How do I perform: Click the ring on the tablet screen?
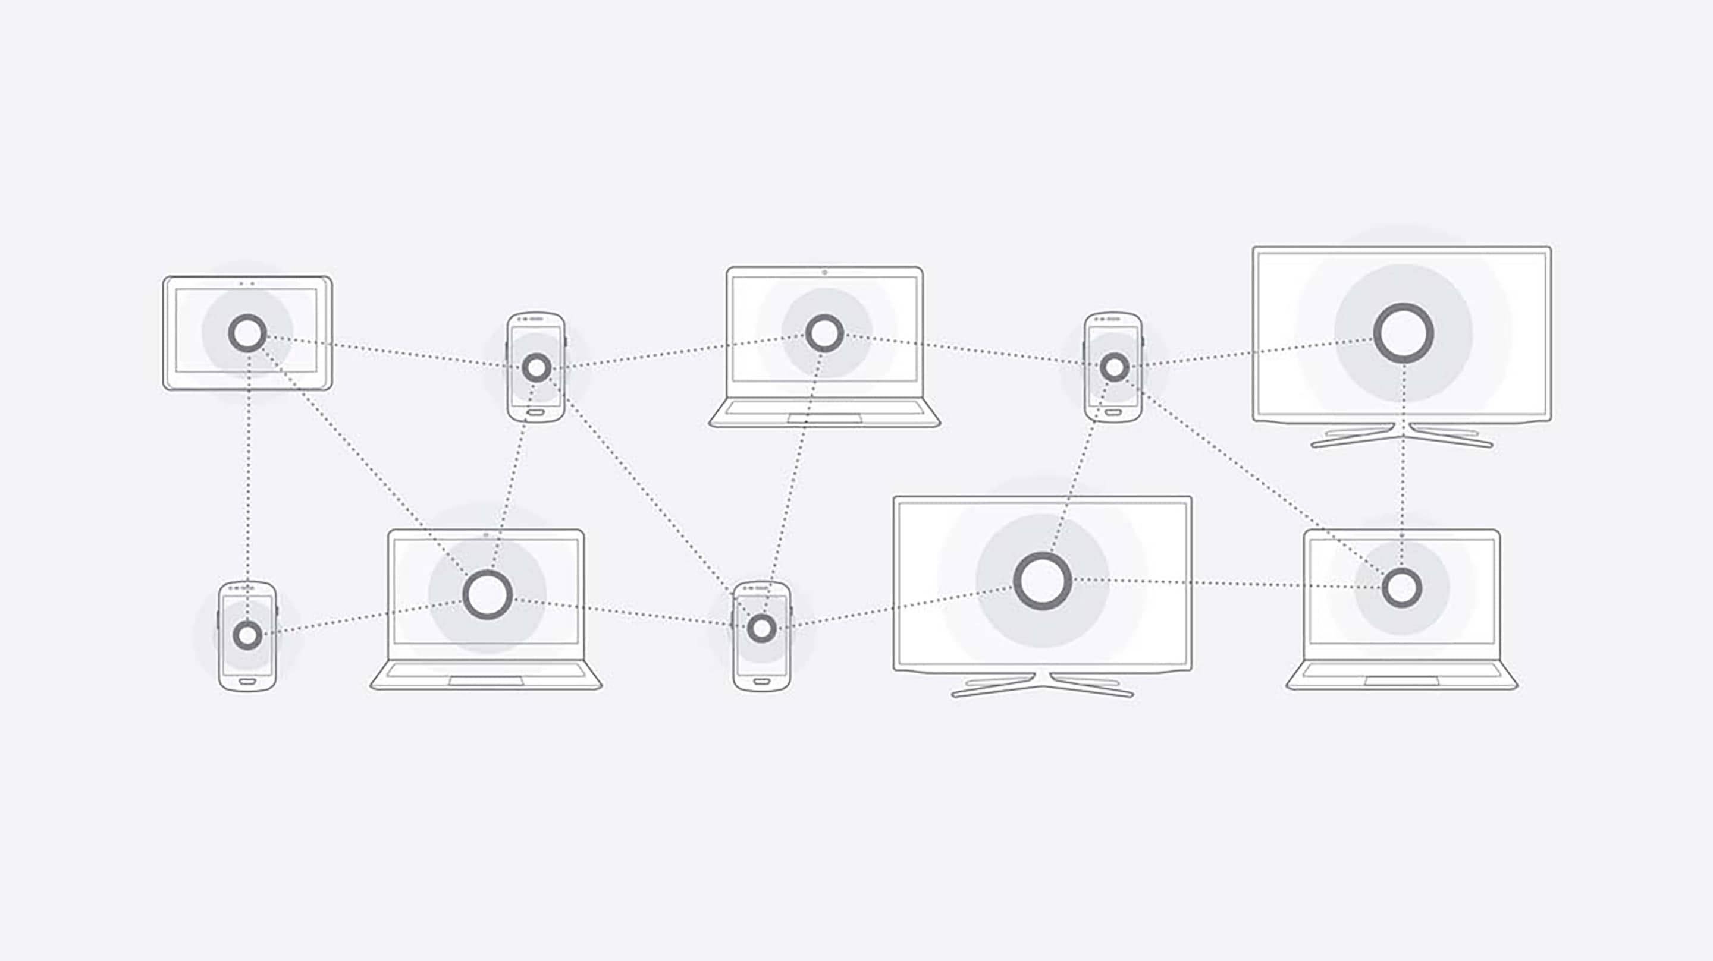[x=247, y=333]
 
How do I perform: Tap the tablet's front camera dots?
[x=247, y=283]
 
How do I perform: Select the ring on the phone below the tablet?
[x=247, y=635]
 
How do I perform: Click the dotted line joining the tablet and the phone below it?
[x=248, y=478]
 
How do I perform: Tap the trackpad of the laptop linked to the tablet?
[x=485, y=681]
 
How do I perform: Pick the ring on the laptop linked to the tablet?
[x=488, y=594]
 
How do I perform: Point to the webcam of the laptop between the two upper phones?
[x=824, y=272]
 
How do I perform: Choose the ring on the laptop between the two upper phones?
[x=824, y=333]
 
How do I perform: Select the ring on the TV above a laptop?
[x=1403, y=333]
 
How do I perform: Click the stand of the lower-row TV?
[x=1042, y=685]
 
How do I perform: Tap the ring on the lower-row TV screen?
[x=1042, y=580]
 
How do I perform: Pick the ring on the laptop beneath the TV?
[x=1402, y=588]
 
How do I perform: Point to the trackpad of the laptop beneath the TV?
[x=1401, y=681]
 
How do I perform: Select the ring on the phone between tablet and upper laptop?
[x=536, y=367]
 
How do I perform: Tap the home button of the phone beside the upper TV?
[x=1113, y=412]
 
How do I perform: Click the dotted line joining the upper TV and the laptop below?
[x=1403, y=465]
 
